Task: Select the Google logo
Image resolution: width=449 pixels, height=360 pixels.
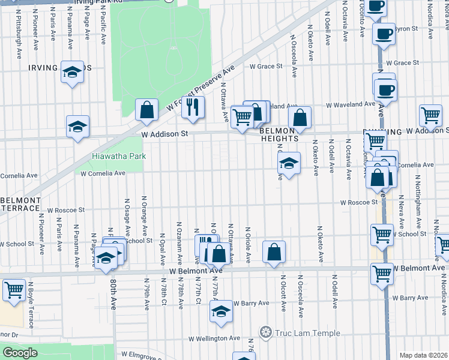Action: click(20, 353)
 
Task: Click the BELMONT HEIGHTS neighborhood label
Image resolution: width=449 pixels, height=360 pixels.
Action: click(280, 134)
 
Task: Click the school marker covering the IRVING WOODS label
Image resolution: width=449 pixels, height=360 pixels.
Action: click(73, 73)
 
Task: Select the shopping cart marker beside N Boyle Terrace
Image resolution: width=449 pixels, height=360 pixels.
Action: click(13, 290)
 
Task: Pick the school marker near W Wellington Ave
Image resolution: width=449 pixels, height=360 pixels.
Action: click(221, 312)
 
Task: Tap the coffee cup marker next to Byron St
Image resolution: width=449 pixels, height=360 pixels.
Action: click(384, 34)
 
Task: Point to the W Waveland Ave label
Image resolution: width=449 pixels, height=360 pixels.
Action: click(351, 104)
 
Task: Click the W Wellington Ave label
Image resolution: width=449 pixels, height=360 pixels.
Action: click(216, 338)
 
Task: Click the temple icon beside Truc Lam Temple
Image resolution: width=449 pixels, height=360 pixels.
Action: click(265, 332)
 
